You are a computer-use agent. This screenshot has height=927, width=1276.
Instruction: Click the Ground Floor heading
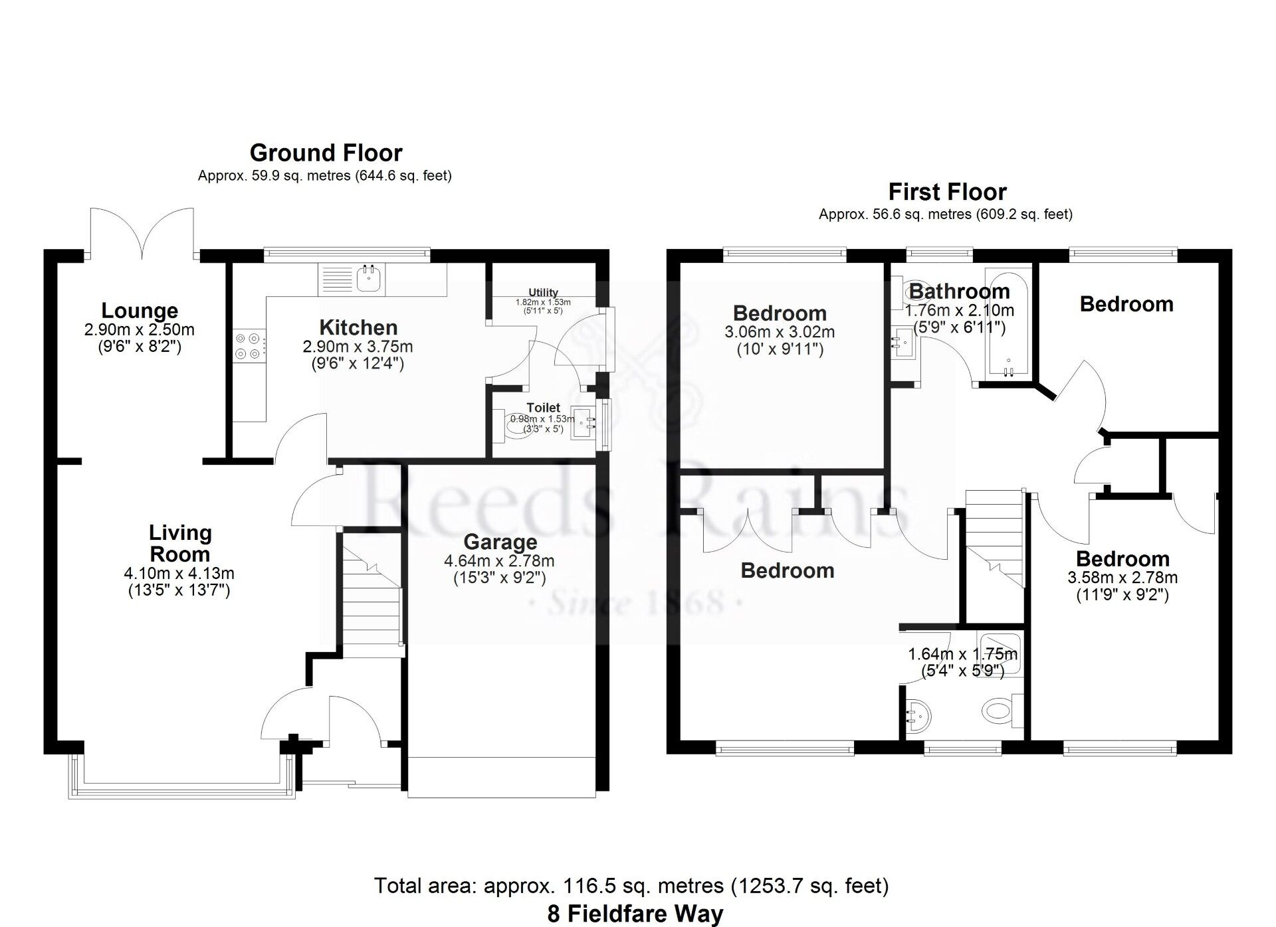click(326, 153)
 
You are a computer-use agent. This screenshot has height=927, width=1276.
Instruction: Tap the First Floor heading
click(947, 192)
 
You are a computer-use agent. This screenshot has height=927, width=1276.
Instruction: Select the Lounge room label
click(140, 310)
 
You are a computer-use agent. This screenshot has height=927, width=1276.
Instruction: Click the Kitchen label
click(358, 327)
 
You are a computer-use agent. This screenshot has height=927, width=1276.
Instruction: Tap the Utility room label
click(543, 292)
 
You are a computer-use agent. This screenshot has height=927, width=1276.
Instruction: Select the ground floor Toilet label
click(543, 407)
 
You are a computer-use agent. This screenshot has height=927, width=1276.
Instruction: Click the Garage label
click(500, 542)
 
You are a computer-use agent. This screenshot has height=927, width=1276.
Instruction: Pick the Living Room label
click(179, 543)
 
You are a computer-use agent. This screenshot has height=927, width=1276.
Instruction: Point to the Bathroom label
click(959, 291)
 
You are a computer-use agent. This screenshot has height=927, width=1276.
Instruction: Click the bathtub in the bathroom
click(1008, 324)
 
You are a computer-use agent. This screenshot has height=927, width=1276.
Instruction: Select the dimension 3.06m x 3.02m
click(780, 332)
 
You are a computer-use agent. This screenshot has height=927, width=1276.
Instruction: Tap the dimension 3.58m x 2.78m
click(1122, 578)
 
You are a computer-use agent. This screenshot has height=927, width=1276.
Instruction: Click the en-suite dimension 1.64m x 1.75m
click(963, 654)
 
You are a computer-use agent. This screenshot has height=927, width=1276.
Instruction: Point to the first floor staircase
click(993, 538)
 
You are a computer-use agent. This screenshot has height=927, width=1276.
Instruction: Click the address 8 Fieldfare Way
click(635, 914)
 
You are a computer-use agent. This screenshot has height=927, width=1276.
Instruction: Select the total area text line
click(631, 886)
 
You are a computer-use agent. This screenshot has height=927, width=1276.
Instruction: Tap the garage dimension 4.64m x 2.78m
click(499, 561)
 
